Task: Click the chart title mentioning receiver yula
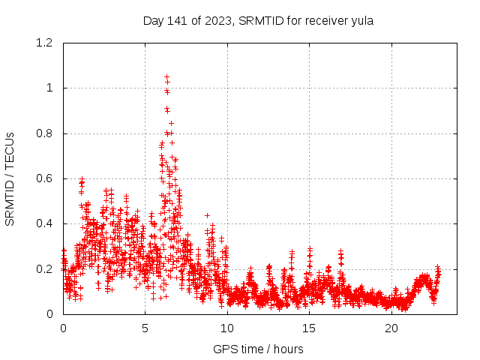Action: point(258,20)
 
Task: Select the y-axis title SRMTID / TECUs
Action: point(10,178)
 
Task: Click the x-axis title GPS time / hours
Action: point(258,349)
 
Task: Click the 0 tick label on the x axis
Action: point(63,328)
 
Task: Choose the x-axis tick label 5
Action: point(145,328)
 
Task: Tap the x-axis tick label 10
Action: point(227,328)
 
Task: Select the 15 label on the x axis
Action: point(310,328)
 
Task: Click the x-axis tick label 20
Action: point(391,328)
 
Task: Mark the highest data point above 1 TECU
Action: point(166,76)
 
